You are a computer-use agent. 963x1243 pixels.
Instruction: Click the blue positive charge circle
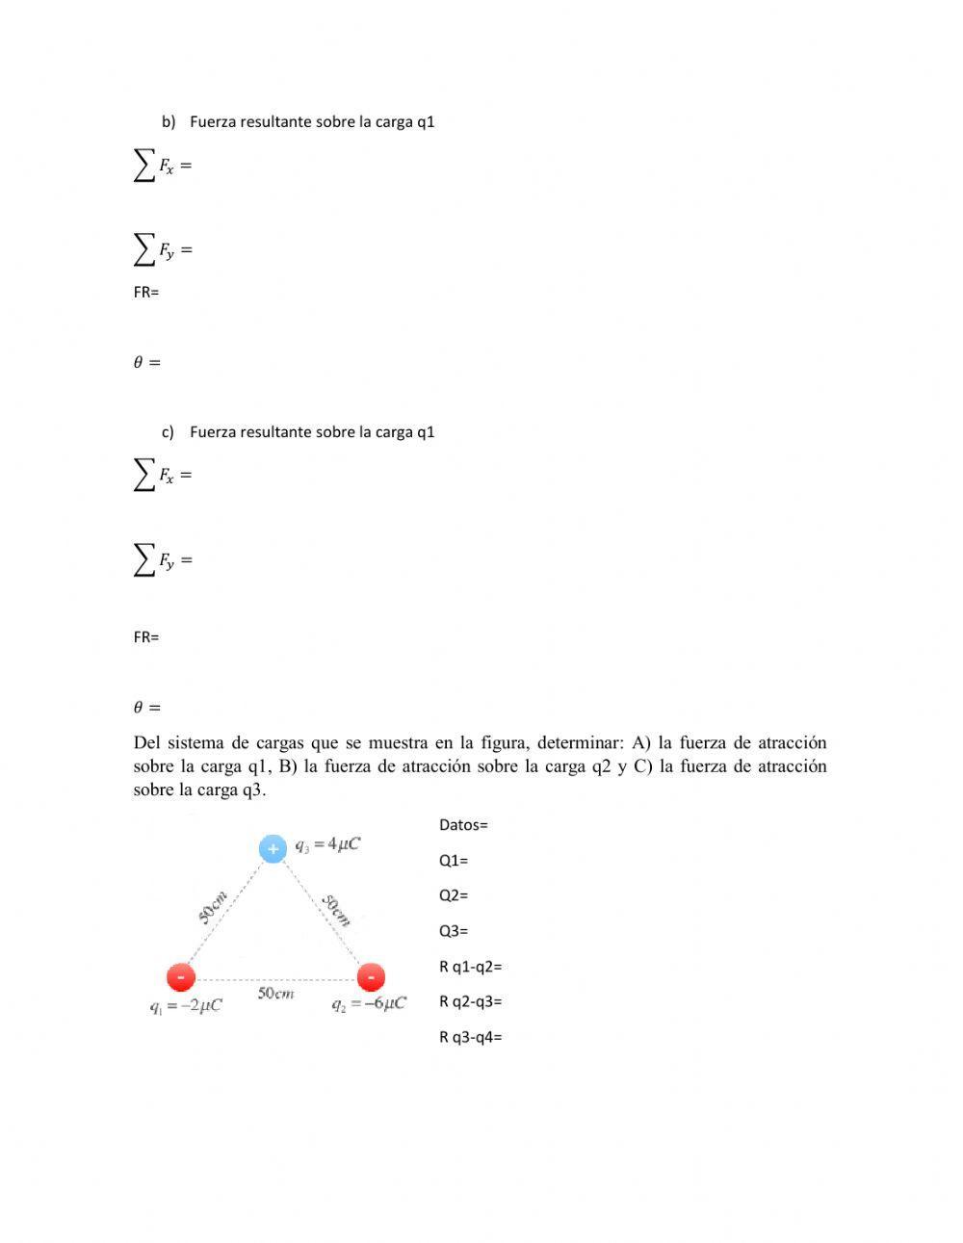(273, 848)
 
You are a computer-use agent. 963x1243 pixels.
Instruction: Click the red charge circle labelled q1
(181, 977)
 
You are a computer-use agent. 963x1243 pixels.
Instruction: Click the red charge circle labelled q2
(371, 977)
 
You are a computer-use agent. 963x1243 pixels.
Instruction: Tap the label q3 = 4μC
(327, 844)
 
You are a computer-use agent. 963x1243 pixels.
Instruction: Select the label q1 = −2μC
(186, 1005)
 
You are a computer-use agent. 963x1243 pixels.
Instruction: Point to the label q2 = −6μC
(369, 1003)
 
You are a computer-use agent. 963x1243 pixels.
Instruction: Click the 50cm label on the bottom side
(276, 994)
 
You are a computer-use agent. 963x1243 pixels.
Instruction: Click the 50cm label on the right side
(336, 910)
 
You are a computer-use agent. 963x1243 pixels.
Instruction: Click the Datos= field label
(463, 824)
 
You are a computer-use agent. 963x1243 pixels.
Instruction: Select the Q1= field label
(454, 860)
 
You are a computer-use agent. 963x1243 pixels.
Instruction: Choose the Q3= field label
(454, 930)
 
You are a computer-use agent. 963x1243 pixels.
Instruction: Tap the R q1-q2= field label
(470, 966)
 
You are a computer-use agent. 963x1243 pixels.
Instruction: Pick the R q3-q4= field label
(470, 1037)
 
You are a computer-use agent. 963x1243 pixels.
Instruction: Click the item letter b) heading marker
(169, 122)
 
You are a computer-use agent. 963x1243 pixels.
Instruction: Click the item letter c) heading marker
(168, 432)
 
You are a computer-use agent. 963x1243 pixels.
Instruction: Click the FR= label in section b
(146, 292)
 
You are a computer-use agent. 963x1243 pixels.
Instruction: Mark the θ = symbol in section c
(146, 707)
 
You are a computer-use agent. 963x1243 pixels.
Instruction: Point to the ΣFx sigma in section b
(144, 166)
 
